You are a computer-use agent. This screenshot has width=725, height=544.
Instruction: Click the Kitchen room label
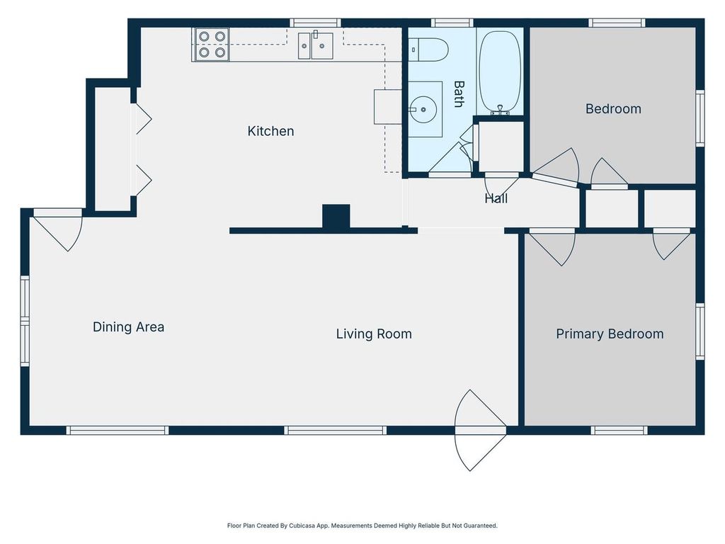point(270,131)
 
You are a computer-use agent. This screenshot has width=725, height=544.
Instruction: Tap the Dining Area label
point(128,327)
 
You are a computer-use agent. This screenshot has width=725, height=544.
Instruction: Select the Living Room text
point(374,334)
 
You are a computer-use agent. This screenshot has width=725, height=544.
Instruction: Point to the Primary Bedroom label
point(610,334)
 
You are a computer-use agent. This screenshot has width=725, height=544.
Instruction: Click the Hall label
point(496,199)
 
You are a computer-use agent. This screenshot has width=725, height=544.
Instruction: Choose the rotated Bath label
point(459,94)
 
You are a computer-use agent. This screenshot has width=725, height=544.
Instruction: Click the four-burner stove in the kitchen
point(212,44)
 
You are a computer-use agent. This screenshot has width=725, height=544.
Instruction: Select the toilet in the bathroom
point(429,50)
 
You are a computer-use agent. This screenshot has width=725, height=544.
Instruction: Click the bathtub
point(500,71)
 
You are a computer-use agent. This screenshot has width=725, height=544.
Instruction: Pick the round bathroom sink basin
point(423,110)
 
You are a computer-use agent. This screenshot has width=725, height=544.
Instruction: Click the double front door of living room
point(481,430)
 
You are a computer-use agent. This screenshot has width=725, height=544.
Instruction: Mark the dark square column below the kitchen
point(336,217)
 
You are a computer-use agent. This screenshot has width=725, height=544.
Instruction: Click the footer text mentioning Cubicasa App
point(362,526)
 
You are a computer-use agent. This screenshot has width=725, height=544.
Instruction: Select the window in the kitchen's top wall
point(315,23)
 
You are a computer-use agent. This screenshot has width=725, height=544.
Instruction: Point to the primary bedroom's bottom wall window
point(619,430)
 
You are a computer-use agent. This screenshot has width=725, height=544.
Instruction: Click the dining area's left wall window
point(25,320)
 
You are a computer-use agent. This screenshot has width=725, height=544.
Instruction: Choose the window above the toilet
point(452,23)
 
